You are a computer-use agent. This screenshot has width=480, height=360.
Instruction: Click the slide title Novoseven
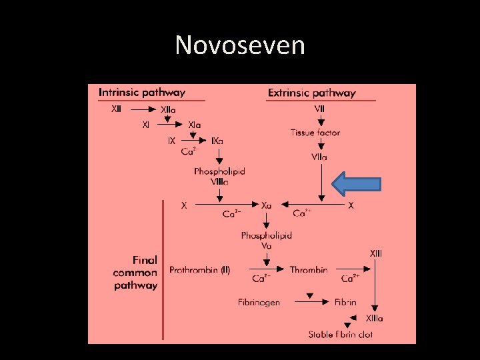pyautogui.click(x=240, y=45)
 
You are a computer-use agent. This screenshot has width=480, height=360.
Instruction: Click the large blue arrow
pyautogui.click(x=357, y=184)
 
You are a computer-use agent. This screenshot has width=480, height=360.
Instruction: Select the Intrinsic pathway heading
pyautogui.click(x=142, y=92)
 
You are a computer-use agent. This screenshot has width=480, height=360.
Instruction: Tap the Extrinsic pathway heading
pyautogui.click(x=311, y=93)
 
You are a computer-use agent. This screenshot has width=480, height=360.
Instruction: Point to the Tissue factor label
pyautogui.click(x=315, y=133)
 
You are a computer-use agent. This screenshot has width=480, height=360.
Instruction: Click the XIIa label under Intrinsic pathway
pyautogui.click(x=169, y=109)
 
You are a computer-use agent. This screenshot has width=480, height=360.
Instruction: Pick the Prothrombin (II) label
pyautogui.click(x=200, y=270)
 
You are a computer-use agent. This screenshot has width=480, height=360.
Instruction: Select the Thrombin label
pyautogui.click(x=309, y=270)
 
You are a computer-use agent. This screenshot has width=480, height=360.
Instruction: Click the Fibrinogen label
pyautogui.click(x=259, y=302)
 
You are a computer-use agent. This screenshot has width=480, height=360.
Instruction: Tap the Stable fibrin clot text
pyautogui.click(x=341, y=334)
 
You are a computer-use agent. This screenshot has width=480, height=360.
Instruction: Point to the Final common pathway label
pyautogui.click(x=135, y=273)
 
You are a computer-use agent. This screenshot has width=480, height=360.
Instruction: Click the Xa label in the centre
pyautogui.click(x=267, y=206)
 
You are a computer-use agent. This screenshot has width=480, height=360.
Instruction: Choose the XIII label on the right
pyautogui.click(x=376, y=253)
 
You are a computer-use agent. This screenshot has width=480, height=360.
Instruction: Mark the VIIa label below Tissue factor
pyautogui.click(x=319, y=157)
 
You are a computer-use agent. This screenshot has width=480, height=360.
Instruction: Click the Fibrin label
pyautogui.click(x=345, y=302)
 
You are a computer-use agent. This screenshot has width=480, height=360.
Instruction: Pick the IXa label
pyautogui.click(x=217, y=141)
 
